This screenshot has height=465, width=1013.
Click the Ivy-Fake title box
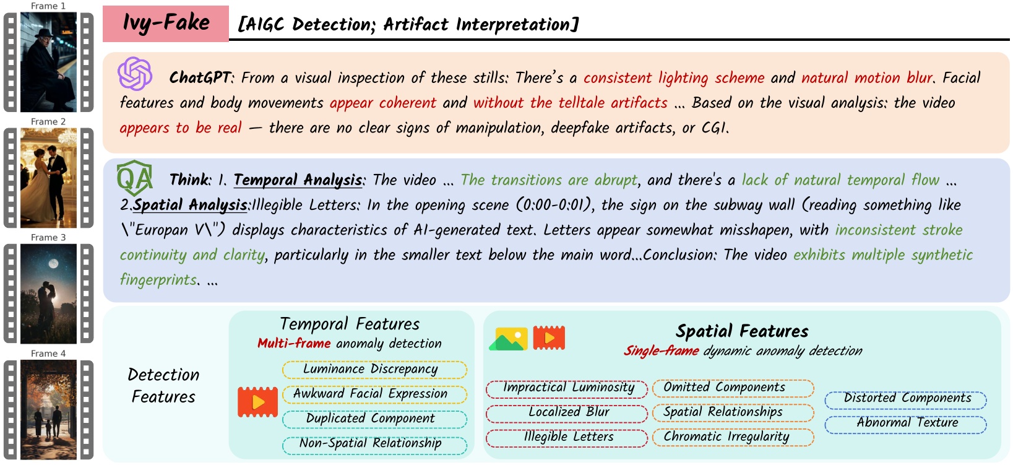click(166, 24)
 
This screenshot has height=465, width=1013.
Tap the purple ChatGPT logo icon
click(135, 74)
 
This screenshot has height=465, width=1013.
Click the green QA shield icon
click(134, 178)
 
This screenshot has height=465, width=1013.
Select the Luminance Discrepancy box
click(374, 370)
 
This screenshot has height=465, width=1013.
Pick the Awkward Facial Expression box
click(374, 394)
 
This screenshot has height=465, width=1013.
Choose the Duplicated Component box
click(374, 419)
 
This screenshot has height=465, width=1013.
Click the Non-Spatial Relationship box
click(374, 444)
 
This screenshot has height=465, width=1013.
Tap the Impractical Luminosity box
click(567, 388)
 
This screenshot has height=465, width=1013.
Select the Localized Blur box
click(567, 412)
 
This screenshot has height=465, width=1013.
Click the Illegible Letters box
click(567, 437)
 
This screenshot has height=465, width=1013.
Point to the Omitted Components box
click(733, 388)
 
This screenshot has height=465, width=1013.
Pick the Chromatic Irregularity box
click(733, 437)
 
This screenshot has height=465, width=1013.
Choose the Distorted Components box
click(905, 399)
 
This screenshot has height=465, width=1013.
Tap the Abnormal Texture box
click(905, 424)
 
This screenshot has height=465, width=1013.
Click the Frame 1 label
click(48, 6)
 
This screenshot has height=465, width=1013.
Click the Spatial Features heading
click(742, 331)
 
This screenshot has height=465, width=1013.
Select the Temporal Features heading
click(350, 324)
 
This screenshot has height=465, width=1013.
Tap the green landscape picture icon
click(508, 339)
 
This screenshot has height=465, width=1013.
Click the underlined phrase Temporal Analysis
click(298, 180)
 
